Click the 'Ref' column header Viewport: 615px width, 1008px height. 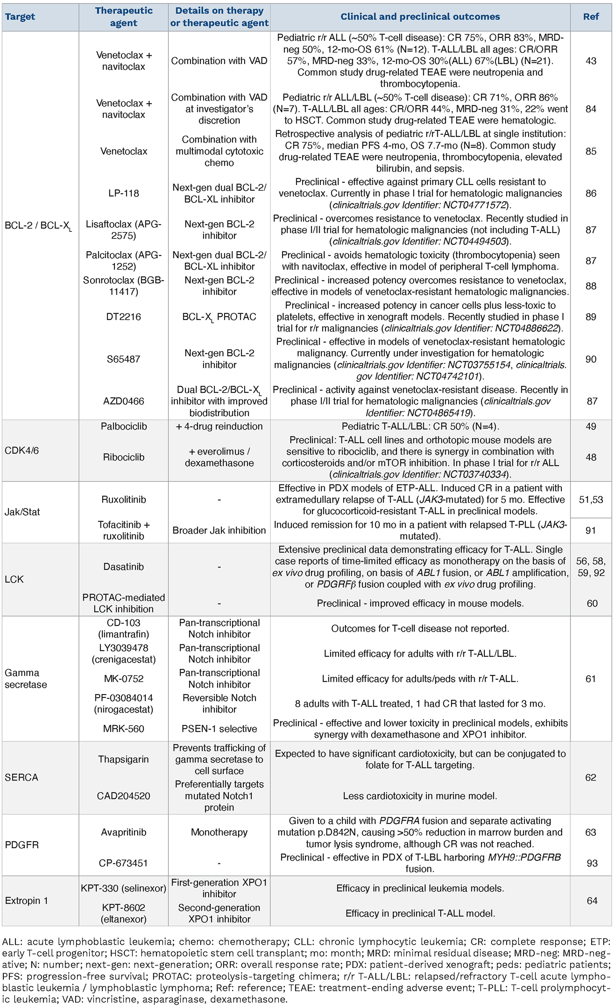591,17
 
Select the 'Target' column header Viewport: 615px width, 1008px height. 20,17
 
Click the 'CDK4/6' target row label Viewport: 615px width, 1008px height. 22,451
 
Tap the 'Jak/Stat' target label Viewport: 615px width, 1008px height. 22,512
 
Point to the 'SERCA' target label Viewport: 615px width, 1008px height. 21,777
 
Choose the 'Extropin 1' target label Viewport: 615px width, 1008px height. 26,900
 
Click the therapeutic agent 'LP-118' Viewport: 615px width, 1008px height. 124,193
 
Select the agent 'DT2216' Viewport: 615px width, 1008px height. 124,317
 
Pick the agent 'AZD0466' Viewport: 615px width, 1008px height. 124,401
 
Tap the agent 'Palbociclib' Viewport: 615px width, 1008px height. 124,426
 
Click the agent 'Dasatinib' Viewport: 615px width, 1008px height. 124,567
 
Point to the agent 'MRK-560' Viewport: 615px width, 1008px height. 124,728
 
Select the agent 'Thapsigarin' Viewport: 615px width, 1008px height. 124,759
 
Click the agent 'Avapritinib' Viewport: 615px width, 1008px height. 124,832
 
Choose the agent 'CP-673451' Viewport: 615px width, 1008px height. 124,863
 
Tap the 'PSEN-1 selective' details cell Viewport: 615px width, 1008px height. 219,728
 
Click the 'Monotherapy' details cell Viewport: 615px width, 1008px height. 219,832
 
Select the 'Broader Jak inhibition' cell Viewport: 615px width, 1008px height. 219,530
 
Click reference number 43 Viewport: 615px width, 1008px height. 591,61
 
